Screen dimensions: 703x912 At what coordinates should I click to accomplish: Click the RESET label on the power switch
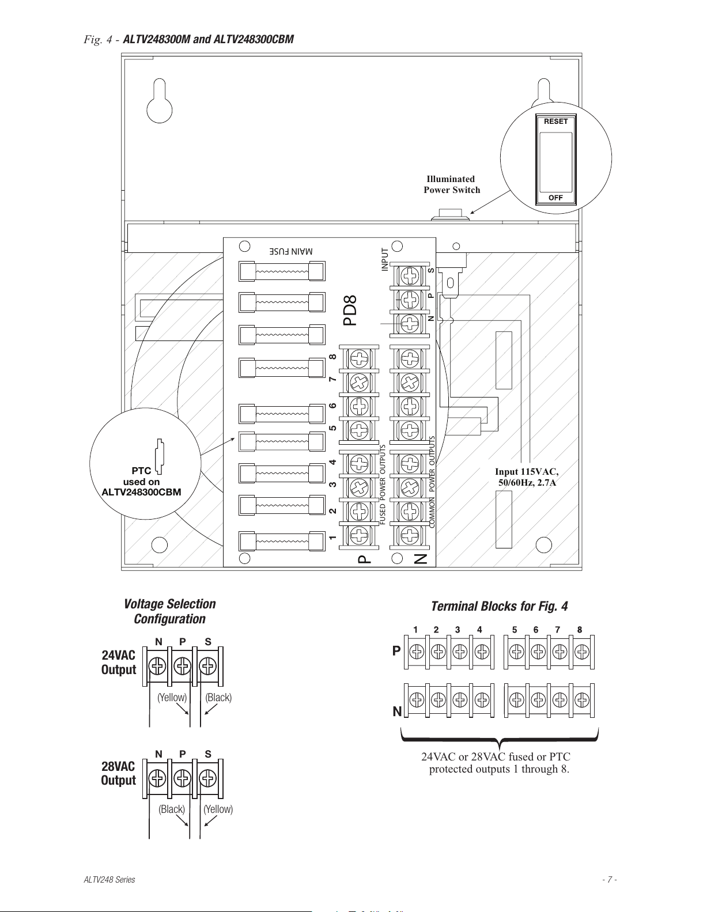point(555,122)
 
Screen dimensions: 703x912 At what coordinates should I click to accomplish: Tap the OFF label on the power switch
point(555,198)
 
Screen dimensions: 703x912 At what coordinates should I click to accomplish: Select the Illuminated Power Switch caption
point(452,184)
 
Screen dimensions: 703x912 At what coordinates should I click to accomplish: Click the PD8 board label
point(350,310)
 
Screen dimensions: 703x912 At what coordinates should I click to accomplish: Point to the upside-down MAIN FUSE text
point(291,251)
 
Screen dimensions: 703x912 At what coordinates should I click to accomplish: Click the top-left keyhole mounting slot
point(160,101)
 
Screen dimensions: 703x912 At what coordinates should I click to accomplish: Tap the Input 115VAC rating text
point(527,477)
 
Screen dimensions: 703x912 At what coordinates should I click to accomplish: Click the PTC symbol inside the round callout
point(159,457)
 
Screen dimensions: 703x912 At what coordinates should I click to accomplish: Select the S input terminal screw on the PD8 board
point(410,276)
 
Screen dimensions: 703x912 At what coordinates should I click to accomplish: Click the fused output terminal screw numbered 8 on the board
point(359,358)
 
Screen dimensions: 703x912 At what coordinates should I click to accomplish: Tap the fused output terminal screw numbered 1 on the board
point(359,535)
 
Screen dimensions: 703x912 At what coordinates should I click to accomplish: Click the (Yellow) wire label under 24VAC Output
point(172,697)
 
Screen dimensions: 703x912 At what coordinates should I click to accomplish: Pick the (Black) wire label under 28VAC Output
point(172,809)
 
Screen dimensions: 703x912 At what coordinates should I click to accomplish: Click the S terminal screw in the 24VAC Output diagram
point(208,666)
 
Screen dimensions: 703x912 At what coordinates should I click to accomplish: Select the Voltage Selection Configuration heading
point(169,611)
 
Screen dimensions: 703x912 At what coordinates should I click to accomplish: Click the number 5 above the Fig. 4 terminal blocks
point(515,630)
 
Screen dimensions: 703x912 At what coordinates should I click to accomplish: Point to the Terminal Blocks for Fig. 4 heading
point(499,606)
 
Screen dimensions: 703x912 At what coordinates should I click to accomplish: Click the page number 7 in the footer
point(610,879)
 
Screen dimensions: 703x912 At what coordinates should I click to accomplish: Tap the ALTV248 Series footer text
point(109,879)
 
